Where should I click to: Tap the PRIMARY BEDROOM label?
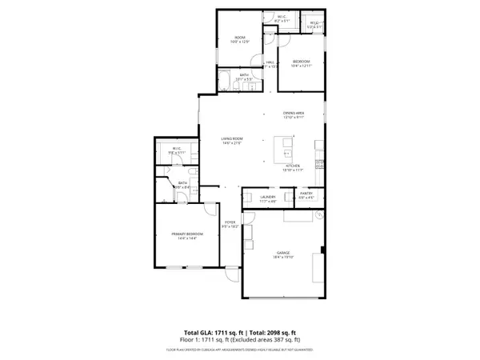[187, 234]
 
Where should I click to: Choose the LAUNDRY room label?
[267, 198]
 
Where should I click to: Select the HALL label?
[270, 63]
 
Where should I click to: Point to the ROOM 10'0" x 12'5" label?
[239, 39]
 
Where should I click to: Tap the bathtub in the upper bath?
[225, 79]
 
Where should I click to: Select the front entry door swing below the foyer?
[231, 274]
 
